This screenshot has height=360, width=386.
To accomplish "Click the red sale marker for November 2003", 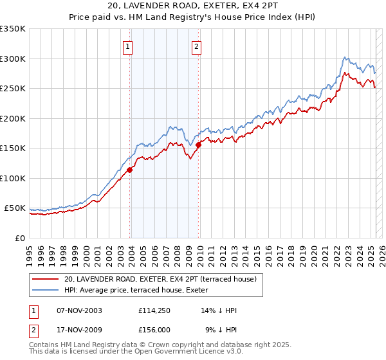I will [x=130, y=170].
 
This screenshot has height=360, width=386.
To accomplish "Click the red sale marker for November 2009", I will [x=198, y=145].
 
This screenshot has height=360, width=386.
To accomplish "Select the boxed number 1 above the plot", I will [x=128, y=46].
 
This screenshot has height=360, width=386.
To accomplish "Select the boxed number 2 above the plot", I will [x=196, y=46].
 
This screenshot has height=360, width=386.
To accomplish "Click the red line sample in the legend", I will [x=46, y=279].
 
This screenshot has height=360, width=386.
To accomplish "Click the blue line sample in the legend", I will [x=46, y=290].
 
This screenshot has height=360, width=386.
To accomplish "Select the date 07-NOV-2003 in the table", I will [x=80, y=310].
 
